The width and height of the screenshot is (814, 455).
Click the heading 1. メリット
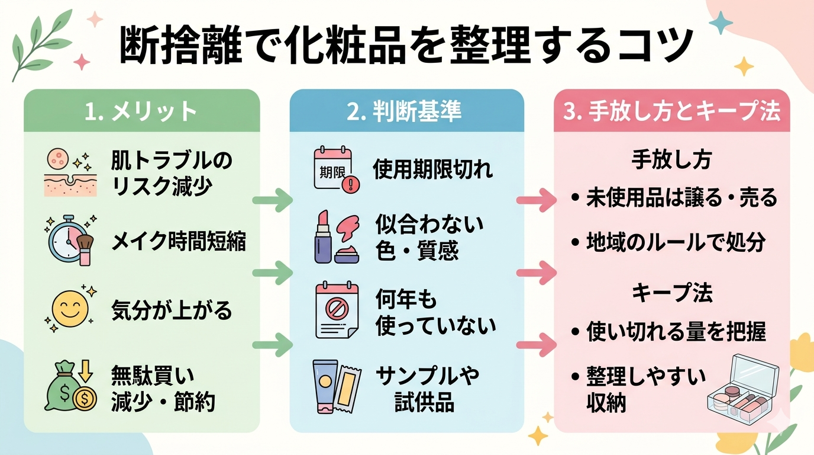tap(141, 111)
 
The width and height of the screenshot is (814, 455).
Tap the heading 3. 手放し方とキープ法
tap(671, 111)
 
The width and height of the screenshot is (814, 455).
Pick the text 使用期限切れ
tap(432, 170)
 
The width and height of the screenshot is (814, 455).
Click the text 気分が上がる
tap(172, 310)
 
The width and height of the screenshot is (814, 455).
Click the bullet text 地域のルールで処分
tap(676, 242)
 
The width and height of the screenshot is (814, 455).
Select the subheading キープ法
tap(671, 293)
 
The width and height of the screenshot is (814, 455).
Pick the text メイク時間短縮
tap(179, 242)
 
